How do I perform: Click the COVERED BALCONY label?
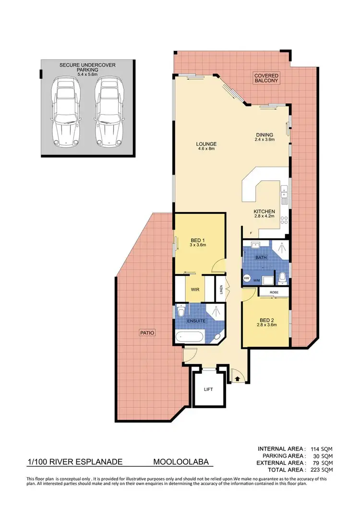tap(266, 79)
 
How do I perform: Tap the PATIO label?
tap(148, 332)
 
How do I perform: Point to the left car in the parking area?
tap(65, 111)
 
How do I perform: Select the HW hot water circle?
tap(247, 278)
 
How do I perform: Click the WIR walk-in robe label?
tap(195, 290)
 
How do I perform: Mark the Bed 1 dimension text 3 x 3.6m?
tap(197, 245)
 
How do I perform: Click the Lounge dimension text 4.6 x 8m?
tap(206, 150)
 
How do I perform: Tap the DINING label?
tap(264, 134)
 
